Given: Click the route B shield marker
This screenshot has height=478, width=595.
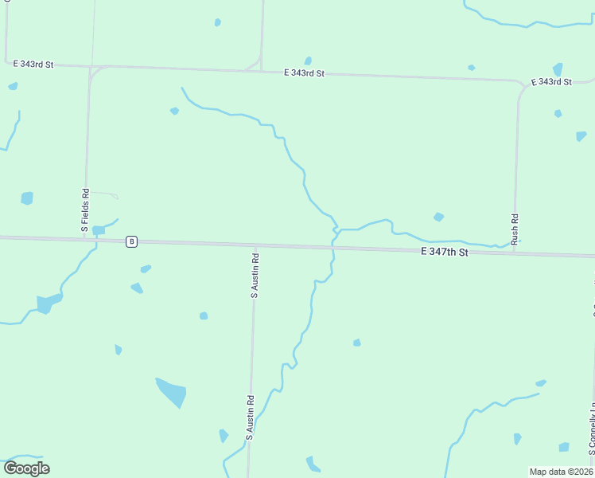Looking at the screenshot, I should pyautogui.click(x=132, y=241).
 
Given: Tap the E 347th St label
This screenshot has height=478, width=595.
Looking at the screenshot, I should pyautogui.click(x=445, y=252).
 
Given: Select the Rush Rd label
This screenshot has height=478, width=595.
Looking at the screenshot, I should pyautogui.click(x=515, y=229).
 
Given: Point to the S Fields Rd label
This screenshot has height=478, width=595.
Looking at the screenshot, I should pyautogui.click(x=85, y=210).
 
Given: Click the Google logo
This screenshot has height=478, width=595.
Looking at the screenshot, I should pyautogui.click(x=26, y=468).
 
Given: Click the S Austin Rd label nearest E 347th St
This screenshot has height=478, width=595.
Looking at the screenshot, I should pyautogui.click(x=255, y=276).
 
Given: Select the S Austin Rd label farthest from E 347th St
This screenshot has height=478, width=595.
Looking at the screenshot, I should pyautogui.click(x=249, y=418).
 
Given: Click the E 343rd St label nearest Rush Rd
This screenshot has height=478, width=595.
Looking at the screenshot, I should pyautogui.click(x=551, y=82).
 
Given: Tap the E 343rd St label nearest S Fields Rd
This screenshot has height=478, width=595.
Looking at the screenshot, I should pyautogui.click(x=33, y=64).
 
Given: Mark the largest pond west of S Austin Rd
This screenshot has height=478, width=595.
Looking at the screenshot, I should pyautogui.click(x=172, y=391).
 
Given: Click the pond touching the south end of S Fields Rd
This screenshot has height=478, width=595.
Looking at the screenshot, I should pyautogui.click(x=98, y=230).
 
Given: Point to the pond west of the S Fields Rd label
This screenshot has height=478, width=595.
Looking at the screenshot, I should pyautogui.click(x=27, y=198).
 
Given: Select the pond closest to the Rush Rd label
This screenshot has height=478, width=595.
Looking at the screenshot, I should pyautogui.click(x=438, y=217).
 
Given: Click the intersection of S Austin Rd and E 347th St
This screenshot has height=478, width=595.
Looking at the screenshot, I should pyautogui.click(x=255, y=245).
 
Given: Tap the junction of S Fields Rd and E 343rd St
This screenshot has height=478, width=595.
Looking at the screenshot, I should pyautogui.click(x=90, y=69).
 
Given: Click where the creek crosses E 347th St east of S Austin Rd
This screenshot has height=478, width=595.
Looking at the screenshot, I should pyautogui.click(x=332, y=248).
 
